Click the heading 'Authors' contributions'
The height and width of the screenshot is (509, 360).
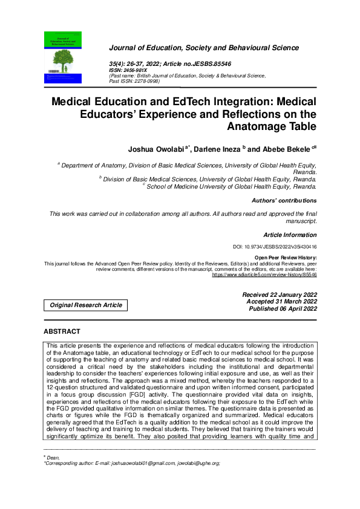(284, 200)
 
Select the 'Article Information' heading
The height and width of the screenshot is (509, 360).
(290, 234)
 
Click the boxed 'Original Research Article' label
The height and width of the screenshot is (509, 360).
(85, 305)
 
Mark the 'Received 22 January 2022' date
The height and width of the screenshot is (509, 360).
(279, 294)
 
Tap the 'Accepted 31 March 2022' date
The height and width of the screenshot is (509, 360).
(281, 301)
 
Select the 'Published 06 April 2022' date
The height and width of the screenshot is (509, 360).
(283, 308)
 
